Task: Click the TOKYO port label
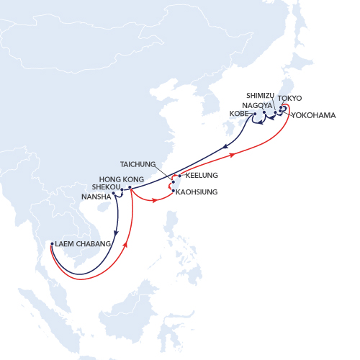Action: point(289,98)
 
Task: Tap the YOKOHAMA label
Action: point(313,115)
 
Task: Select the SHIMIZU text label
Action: point(260,95)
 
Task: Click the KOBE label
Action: point(240,114)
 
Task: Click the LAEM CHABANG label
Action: point(83,244)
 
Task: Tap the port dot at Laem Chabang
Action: point(51,244)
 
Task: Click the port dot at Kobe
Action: point(255,114)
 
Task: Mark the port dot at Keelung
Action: point(179,176)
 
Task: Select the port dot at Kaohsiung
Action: point(174,191)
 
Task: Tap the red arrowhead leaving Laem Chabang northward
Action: point(126,244)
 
